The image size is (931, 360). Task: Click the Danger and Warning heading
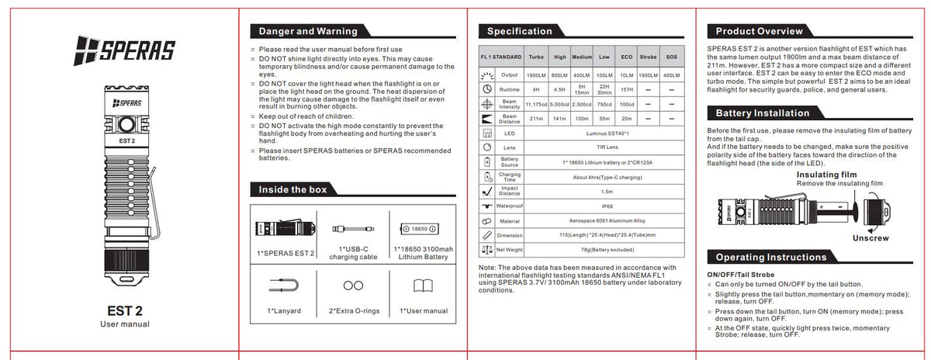pos(308,32)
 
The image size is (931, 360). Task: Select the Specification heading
pos(519,32)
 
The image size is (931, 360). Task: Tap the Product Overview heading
pos(759,32)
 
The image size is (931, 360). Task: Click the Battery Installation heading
pos(762,113)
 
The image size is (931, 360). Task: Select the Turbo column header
pos(535,57)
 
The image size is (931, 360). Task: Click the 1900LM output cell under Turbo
pos(535,75)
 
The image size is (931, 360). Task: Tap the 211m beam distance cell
pos(535,119)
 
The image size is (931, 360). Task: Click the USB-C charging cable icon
pos(352,228)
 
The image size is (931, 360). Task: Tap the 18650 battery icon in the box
pos(419,228)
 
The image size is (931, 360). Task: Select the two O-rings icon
pos(353,286)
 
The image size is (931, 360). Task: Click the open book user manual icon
pos(423,286)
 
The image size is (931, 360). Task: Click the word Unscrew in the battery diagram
pos(870,238)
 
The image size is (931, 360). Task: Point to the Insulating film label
pos(826,175)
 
